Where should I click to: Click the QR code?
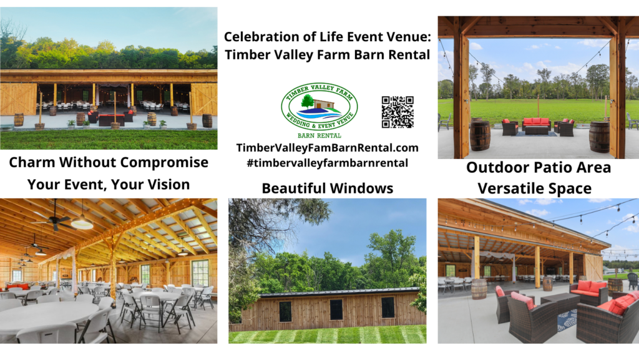tap(398, 112)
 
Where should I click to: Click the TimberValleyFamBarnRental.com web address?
tap(327, 148)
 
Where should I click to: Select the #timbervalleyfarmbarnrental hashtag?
tap(327, 163)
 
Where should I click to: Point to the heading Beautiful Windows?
tap(327, 188)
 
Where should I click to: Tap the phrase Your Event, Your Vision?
tap(108, 184)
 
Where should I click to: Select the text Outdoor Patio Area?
tap(538, 167)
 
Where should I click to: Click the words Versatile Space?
tap(538, 187)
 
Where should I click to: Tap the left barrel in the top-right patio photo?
tap(480, 135)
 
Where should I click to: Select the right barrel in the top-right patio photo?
tap(599, 137)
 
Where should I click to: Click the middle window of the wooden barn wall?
tap(336, 309)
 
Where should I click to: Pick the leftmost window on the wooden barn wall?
tap(285, 311)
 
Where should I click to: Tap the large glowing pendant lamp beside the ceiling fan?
tap(82, 221)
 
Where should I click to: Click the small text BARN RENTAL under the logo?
tap(319, 134)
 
